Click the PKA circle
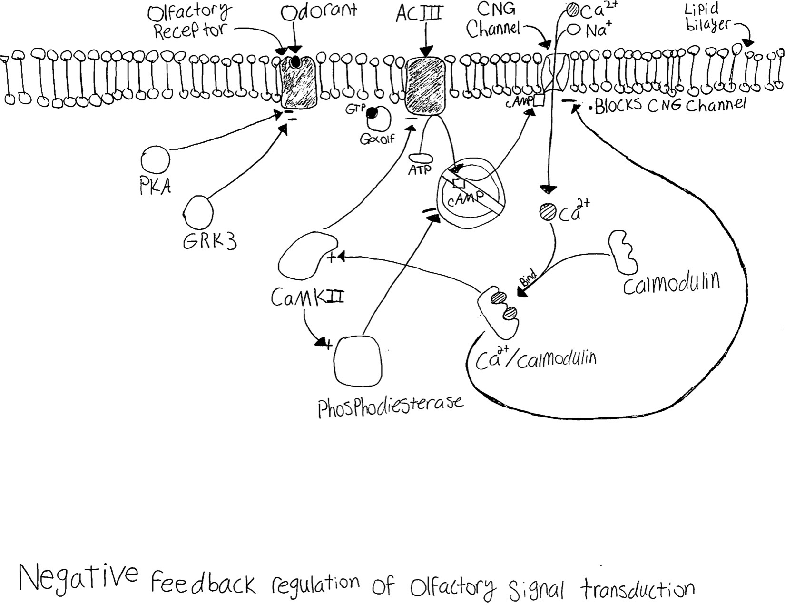tap(155, 160)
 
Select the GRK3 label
tap(210, 241)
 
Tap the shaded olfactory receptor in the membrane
tap(298, 82)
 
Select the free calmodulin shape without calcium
tap(623, 252)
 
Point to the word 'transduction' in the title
tap(637, 590)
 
